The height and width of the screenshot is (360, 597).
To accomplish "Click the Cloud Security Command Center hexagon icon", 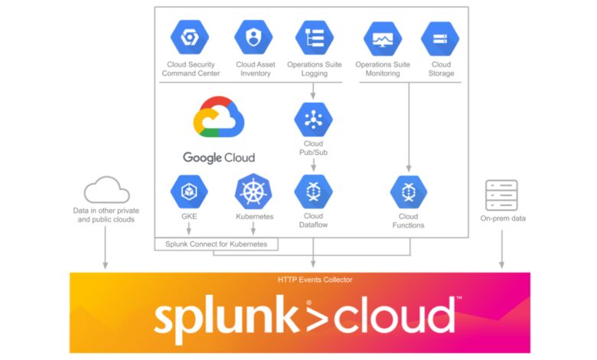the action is [190, 38].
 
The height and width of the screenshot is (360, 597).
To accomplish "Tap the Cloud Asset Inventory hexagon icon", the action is [253, 38].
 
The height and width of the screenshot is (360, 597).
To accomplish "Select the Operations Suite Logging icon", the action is [315, 38].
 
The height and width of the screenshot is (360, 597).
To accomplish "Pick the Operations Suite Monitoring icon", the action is [383, 38].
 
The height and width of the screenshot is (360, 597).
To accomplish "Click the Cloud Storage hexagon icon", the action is [440, 38].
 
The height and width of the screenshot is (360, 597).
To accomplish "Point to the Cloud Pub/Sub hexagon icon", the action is [313, 119].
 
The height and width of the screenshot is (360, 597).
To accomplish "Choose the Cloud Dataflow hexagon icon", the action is [313, 191].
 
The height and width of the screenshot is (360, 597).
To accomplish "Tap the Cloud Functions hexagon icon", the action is [409, 192].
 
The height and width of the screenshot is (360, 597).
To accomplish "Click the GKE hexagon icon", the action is [189, 191].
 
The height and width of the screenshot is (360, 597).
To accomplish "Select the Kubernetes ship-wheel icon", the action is [253, 191].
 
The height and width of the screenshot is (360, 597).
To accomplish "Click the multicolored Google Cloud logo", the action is [219, 116].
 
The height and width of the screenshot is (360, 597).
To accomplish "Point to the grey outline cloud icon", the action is [106, 190].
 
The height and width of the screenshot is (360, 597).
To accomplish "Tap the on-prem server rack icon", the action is [501, 195].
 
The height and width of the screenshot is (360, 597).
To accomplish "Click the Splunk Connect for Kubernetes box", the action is [217, 244].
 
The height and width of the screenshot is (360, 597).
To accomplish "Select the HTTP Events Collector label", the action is [315, 280].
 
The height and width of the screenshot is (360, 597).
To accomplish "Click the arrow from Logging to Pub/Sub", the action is [313, 91].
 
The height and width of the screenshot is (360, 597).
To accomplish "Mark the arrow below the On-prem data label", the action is [502, 249].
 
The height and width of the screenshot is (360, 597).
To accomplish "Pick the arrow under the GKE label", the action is [189, 228].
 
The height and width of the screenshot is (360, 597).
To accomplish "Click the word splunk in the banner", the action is [227, 318].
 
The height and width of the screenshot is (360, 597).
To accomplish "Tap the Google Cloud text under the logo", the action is [219, 157].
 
